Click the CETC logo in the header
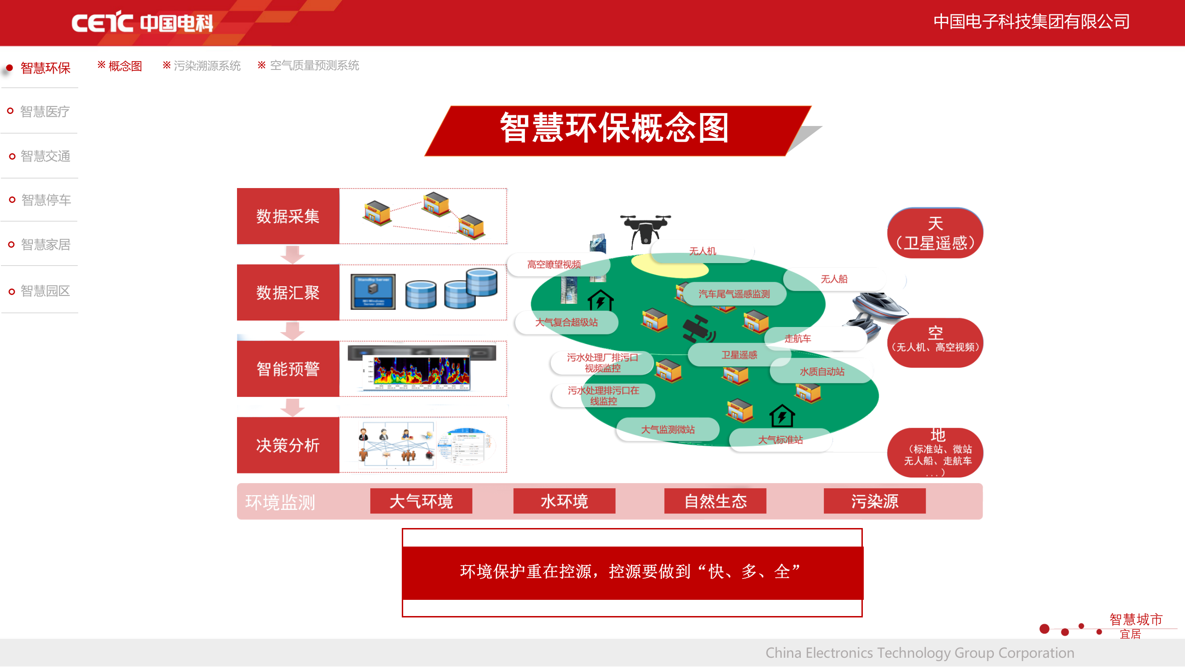click(142, 22)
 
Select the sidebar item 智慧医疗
click(45, 112)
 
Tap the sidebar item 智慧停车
click(46, 200)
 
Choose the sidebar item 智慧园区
click(45, 291)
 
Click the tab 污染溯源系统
click(206, 66)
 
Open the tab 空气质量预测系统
click(314, 65)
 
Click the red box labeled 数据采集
click(288, 216)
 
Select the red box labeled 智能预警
click(288, 369)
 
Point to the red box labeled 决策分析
click(288, 445)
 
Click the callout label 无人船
click(834, 279)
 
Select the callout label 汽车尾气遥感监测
click(734, 294)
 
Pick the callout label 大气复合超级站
click(567, 322)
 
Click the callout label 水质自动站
click(822, 371)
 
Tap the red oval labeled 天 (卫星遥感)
click(935, 233)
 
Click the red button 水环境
click(564, 501)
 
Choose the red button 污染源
click(874, 501)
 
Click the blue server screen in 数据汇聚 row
click(373, 292)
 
